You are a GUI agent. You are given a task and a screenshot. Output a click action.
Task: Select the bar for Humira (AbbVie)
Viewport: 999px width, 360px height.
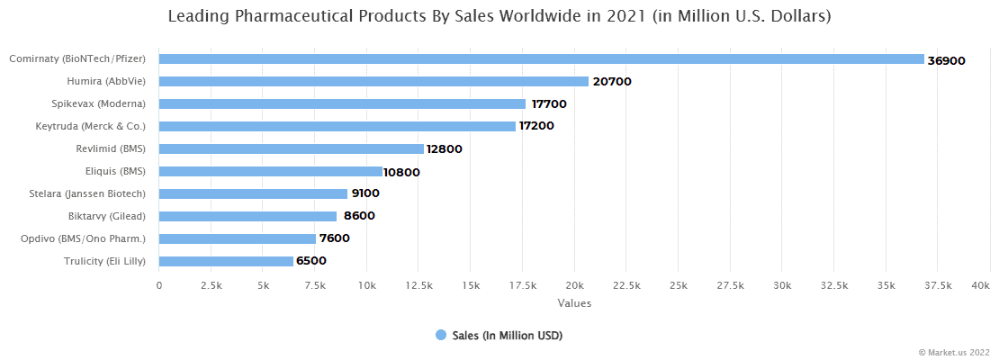(x=373, y=81)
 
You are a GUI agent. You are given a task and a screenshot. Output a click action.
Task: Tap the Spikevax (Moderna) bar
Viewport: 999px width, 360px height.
(x=342, y=103)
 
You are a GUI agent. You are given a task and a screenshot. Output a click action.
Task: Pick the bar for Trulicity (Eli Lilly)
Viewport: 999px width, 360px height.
(x=226, y=261)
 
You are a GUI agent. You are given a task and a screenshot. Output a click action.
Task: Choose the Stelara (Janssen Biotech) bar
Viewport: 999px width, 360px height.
(x=253, y=193)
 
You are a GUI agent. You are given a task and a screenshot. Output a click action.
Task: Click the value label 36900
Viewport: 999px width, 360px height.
(x=946, y=60)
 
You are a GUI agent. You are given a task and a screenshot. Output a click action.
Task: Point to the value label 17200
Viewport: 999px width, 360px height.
(x=536, y=127)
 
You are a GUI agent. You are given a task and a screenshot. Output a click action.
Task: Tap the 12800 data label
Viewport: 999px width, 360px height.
(x=444, y=149)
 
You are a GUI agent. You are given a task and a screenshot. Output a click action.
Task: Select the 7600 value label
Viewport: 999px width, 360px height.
(x=334, y=238)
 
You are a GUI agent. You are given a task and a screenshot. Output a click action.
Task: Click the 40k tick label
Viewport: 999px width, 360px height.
(x=981, y=285)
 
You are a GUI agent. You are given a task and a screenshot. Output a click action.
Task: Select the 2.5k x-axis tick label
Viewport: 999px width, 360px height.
(x=211, y=285)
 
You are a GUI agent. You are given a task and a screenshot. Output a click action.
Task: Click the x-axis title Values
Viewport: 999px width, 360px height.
(x=574, y=303)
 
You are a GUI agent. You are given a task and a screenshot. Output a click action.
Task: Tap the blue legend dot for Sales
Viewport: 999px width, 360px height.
(x=441, y=335)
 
